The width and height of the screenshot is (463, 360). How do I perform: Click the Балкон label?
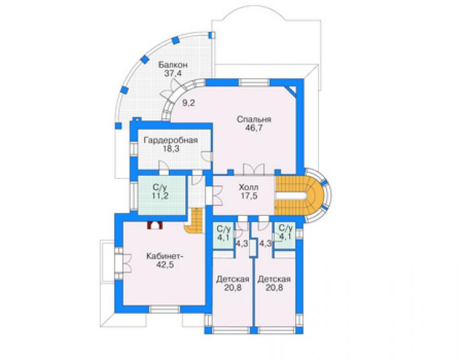[173, 64]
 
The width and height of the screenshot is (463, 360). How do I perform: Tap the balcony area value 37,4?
[173, 74]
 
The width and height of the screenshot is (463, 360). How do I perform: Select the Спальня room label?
[254, 120]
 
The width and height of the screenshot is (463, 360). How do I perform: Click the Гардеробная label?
[171, 140]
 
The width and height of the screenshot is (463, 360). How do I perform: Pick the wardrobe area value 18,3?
[171, 148]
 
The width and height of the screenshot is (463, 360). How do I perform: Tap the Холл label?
[248, 187]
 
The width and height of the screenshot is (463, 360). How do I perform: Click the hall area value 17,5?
[248, 195]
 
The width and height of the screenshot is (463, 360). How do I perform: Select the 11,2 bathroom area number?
[160, 195]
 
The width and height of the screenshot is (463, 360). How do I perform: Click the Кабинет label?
[165, 256]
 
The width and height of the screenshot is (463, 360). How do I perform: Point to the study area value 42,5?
[165, 265]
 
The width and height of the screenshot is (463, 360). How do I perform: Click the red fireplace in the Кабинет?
[155, 225]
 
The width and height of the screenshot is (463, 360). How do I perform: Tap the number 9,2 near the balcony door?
[188, 103]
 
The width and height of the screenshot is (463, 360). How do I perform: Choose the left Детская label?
[233, 279]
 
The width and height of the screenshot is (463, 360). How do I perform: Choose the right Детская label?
[274, 279]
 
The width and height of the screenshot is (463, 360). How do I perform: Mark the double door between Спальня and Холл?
[253, 170]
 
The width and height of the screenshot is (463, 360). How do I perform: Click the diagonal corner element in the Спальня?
[292, 90]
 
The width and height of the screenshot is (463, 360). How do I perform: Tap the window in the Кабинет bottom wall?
[164, 309]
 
